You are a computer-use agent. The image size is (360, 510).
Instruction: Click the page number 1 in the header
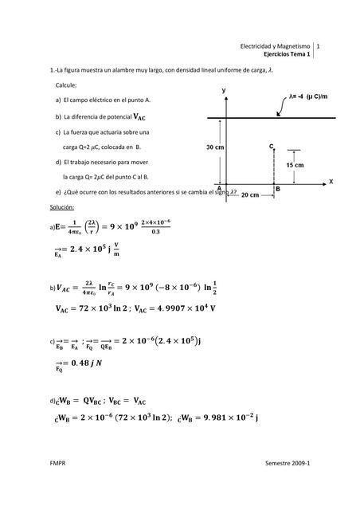tap(319, 47)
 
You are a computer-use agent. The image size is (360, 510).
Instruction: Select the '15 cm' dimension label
tap(295, 164)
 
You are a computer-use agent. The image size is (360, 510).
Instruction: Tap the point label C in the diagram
tap(271, 147)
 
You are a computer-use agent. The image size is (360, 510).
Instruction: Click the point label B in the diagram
tap(277, 189)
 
